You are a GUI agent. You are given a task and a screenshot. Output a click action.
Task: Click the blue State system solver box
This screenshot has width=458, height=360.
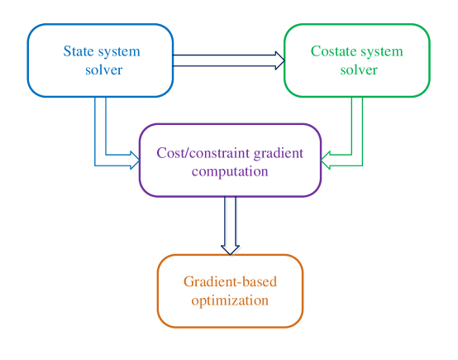pos(102,60)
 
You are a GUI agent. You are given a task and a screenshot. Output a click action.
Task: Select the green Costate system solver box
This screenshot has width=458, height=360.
pos(357,60)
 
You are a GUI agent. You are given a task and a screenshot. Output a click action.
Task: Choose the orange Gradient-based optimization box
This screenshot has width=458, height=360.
pos(230,291)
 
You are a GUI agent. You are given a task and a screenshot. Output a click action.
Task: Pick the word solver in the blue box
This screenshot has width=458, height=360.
pos(103,70)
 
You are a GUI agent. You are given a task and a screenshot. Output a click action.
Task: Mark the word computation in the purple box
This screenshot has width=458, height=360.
pos(229,171)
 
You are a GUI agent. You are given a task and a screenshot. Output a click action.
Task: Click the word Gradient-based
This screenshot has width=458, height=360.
pos(230,282)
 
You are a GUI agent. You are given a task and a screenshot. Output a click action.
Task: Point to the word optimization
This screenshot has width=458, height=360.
pos(230,300)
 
